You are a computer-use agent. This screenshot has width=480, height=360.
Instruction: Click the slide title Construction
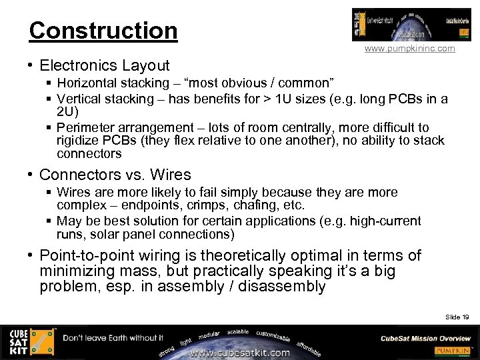click(103, 31)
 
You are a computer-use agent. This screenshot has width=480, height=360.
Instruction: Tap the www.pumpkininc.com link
click(409, 49)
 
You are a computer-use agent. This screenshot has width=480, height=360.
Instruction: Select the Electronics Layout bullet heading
click(105, 65)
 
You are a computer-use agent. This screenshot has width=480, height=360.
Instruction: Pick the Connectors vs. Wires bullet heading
click(115, 175)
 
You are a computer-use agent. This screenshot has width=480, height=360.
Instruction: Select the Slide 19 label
click(457, 317)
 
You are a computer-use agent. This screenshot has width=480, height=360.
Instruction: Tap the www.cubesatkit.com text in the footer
click(239, 353)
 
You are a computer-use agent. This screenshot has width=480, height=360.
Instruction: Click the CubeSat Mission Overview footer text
click(425, 338)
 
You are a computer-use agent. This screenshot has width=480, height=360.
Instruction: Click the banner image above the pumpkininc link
click(402, 25)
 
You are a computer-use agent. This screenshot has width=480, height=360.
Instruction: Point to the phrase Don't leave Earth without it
click(113, 338)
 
